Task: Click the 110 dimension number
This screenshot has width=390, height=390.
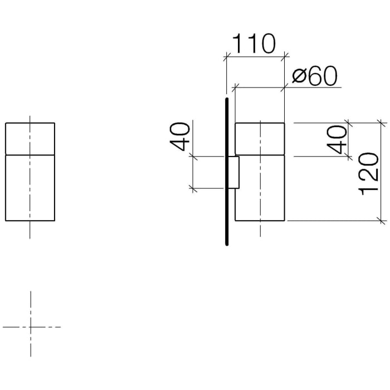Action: (253, 43)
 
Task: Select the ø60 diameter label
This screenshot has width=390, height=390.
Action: (315, 77)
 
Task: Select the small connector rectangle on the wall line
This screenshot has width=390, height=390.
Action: (234, 173)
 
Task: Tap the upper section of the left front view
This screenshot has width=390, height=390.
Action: (30, 137)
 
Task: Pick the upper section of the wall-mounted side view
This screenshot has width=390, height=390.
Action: (260, 138)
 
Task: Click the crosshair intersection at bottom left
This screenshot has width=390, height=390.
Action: (30, 326)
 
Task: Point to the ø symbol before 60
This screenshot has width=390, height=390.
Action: (298, 77)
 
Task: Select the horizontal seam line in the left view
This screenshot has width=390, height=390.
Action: (30, 153)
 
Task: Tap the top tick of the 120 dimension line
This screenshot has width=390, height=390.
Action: (382, 122)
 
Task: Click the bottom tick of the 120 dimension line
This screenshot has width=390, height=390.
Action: (382, 221)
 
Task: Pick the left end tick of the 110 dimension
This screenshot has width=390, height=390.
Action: (226, 56)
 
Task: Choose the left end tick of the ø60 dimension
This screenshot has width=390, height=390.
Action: (235, 87)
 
